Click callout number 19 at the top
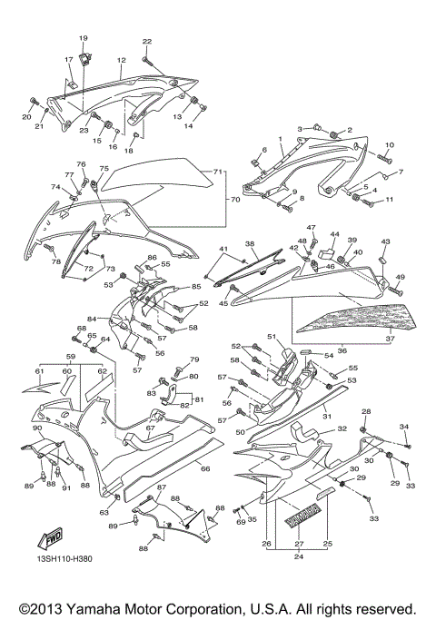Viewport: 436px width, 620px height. point(84,38)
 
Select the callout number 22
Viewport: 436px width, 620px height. point(147,42)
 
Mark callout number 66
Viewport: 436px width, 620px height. point(205,468)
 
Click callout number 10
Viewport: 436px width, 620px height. point(389,145)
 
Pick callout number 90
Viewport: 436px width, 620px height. point(36,428)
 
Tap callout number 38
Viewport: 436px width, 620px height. point(251,244)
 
